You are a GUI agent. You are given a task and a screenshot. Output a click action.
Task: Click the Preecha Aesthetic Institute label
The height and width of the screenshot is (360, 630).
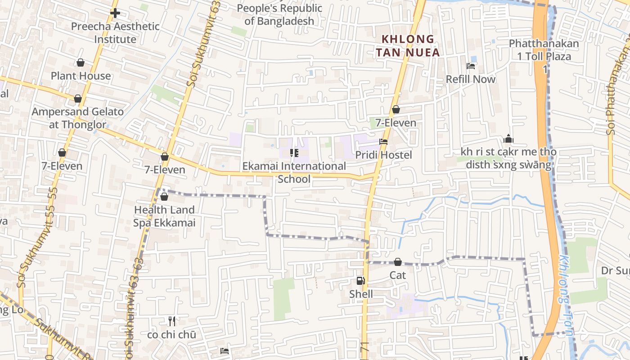tap(115, 33)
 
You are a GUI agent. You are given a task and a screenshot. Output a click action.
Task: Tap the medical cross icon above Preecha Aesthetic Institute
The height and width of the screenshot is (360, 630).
tap(115, 13)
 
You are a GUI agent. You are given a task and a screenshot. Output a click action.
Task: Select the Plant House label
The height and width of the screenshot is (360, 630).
tap(81, 76)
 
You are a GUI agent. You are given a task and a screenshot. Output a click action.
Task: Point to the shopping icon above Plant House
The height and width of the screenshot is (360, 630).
tap(81, 62)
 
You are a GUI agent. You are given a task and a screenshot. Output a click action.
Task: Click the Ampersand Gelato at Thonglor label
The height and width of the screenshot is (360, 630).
tap(77, 118)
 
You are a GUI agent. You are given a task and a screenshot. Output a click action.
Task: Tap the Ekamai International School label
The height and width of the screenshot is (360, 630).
tap(294, 172)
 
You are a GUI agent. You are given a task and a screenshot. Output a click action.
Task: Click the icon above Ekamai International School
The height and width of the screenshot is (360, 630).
tap(294, 153)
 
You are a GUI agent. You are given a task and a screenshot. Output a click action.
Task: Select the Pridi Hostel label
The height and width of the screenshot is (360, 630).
tap(383, 155)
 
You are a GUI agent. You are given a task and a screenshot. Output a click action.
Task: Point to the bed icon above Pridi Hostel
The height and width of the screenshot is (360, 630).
tap(383, 141)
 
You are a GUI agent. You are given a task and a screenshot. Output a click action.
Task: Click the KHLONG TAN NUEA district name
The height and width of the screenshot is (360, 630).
tap(408, 46)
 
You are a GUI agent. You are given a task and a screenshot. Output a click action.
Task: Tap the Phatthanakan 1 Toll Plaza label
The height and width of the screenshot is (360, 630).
tap(544, 50)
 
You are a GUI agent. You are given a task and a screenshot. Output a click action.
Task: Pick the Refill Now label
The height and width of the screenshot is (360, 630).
tap(471, 79)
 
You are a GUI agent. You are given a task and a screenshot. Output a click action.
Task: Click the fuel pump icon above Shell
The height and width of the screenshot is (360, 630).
tap(361, 281)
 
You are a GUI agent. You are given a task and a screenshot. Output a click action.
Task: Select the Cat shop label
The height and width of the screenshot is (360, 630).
tap(398, 275)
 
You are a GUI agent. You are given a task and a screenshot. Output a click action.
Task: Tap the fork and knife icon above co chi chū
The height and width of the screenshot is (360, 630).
tap(171, 321)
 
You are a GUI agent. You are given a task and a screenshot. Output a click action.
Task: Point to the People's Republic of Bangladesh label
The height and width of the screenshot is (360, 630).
tap(279, 14)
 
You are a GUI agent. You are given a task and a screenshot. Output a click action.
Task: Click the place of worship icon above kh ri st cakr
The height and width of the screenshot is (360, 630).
tap(508, 139)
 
